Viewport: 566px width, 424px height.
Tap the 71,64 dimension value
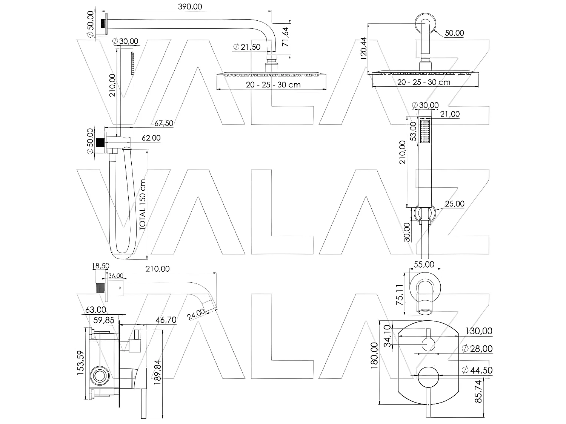click(286, 36)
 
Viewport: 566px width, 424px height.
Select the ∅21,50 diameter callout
click(247, 47)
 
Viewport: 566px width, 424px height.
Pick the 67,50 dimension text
click(164, 123)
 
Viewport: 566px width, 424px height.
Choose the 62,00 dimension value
click(151, 138)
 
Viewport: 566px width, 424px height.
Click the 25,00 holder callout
click(454, 204)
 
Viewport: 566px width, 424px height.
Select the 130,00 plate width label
click(478, 331)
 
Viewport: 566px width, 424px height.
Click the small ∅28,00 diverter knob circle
click(428, 344)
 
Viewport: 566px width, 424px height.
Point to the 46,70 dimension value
click(166, 320)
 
